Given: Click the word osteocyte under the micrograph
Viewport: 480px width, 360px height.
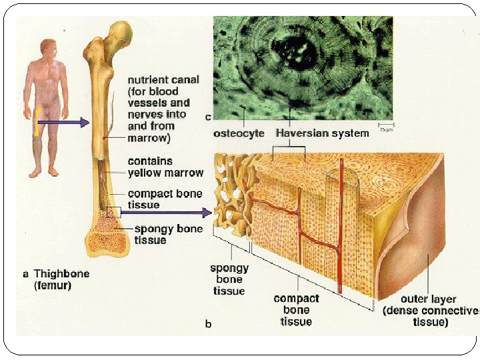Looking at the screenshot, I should pos(239,133).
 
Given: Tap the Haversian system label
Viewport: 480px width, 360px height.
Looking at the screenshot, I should pos(322,133).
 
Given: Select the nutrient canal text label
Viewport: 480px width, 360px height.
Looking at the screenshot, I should pos(163,109).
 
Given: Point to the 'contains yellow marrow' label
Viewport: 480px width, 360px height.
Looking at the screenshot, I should pos(165,167).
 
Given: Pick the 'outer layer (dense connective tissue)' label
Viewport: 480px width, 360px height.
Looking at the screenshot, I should pos(431,310).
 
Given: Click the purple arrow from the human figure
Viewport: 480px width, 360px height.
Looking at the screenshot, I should pos(63,122).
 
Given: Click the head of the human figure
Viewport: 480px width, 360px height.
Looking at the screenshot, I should pos(48,47).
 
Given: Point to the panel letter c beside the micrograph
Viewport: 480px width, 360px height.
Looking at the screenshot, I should pos(208,118).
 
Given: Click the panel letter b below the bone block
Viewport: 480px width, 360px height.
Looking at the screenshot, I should pos(208,325).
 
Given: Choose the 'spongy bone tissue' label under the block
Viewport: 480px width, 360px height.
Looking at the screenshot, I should pos(229,279).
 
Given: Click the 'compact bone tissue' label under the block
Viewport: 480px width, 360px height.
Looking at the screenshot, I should pos(296,310).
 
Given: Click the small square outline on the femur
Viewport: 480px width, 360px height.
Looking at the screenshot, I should pos(113,213).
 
